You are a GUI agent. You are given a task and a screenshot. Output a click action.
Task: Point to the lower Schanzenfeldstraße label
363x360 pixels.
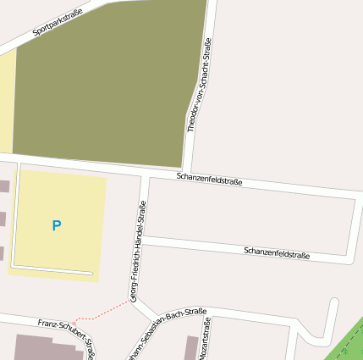click(x=277, y=252)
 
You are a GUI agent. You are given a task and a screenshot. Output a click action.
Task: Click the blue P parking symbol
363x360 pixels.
click(x=57, y=225)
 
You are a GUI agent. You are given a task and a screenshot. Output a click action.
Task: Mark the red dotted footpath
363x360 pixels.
click(x=102, y=313)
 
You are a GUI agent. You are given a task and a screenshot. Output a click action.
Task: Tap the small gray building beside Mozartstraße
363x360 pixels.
click(x=191, y=347)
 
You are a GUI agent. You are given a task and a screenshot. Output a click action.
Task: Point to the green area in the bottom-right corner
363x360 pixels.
click(x=349, y=343)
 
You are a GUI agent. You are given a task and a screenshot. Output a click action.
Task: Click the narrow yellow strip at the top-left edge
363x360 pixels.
click(x=7, y=102)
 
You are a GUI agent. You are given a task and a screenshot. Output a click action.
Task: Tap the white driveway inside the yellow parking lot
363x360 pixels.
click(x=51, y=271)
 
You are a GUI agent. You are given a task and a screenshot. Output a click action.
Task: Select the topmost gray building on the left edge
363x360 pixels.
click(x=4, y=186)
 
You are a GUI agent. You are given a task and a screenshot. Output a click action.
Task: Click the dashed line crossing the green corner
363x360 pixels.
click(x=348, y=342)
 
